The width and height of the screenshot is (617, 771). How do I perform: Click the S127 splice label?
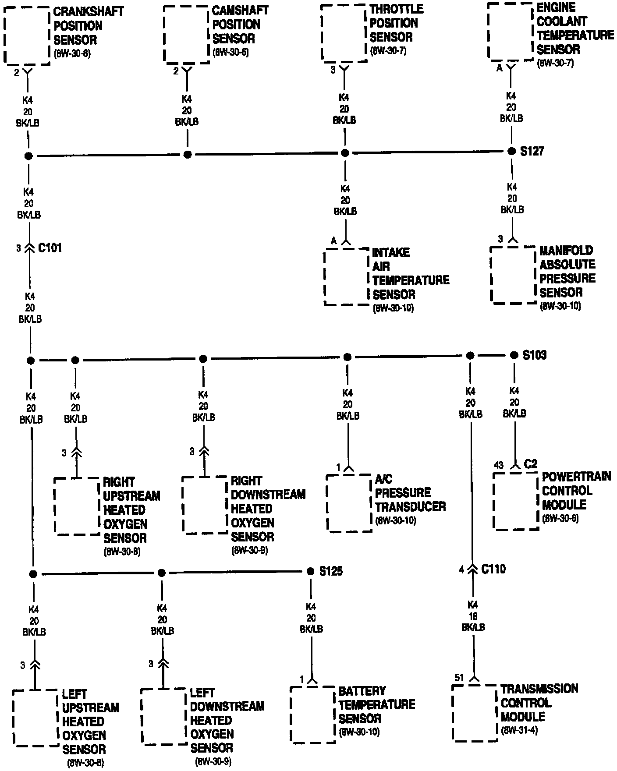click(532, 151)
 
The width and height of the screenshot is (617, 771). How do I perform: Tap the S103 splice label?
click(535, 355)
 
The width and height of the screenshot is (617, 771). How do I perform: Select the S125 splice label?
click(331, 571)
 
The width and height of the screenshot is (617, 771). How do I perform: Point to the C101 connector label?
click(50, 248)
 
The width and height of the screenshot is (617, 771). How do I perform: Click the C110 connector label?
click(493, 569)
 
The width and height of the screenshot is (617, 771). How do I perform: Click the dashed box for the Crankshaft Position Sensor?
click(27, 35)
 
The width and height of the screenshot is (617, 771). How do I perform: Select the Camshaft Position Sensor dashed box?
click(186, 34)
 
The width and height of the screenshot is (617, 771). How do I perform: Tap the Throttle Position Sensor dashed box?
click(344, 32)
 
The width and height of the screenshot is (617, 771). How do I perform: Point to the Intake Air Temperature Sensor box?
click(346, 277)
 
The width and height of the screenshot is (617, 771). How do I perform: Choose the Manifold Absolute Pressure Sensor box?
click(513, 275)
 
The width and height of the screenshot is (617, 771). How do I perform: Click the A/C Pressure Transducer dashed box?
click(349, 503)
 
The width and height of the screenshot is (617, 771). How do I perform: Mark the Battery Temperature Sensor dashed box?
click(313, 714)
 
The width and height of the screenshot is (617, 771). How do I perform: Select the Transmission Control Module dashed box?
click(475, 712)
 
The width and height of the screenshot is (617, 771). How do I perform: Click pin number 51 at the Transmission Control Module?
click(459, 678)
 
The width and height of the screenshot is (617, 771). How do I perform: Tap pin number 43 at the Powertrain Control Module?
click(499, 465)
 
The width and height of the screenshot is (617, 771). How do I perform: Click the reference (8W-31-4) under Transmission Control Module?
click(519, 730)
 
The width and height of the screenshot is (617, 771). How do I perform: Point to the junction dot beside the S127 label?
click(511, 151)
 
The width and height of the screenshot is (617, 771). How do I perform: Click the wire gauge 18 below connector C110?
click(473, 616)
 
